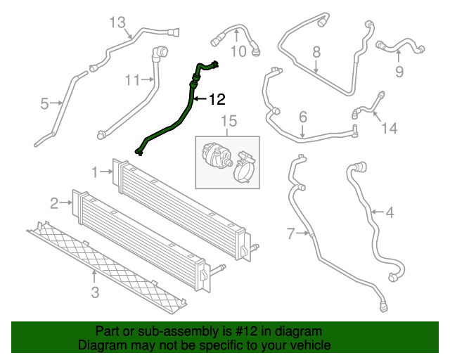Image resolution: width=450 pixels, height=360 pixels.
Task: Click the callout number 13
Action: click(x=117, y=22)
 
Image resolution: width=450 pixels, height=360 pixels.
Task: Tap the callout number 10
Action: click(x=239, y=51)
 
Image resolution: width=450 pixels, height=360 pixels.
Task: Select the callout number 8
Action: click(x=316, y=51)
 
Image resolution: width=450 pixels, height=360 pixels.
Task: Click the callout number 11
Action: click(x=134, y=80)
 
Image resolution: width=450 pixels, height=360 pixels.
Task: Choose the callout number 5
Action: click(x=44, y=104)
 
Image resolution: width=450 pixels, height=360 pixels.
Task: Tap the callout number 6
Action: click(x=303, y=116)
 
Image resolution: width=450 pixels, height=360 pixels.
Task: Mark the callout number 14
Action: click(x=389, y=128)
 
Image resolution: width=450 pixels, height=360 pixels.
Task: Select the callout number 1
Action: click(x=95, y=171)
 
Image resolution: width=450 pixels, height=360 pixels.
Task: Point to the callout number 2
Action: click(x=54, y=204)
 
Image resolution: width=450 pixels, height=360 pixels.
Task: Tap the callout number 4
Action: click(x=389, y=211)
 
